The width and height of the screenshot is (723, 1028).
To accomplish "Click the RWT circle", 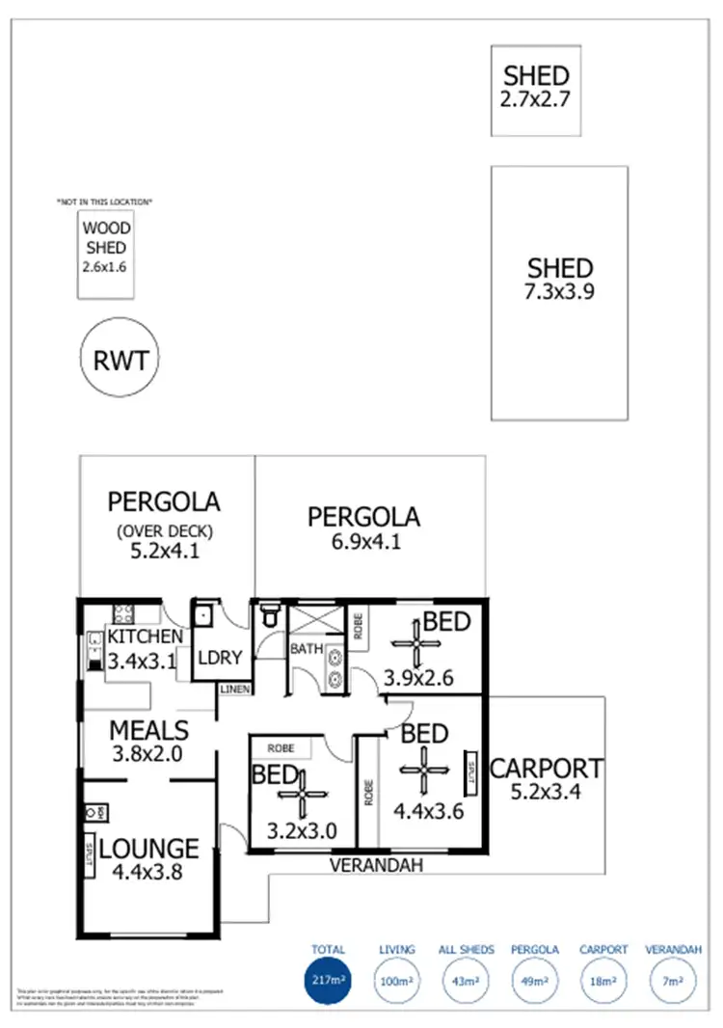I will point(120,361).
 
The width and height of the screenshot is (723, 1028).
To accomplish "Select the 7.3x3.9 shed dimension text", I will point(560,291).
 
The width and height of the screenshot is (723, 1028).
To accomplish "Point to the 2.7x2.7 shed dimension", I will point(536,97).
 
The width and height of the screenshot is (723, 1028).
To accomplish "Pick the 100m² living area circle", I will point(397,983).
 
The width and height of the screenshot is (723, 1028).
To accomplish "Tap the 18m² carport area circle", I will point(604,983).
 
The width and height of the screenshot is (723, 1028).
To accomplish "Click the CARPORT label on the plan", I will point(547,770).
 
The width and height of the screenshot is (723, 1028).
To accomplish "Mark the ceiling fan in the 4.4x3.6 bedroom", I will point(425,769).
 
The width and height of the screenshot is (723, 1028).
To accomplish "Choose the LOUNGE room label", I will point(149,850).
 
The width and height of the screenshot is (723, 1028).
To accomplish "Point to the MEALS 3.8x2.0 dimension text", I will point(147,755).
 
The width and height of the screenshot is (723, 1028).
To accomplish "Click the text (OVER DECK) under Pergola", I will point(164,529).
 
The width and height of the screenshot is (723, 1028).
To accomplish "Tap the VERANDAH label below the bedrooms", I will point(377,866).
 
